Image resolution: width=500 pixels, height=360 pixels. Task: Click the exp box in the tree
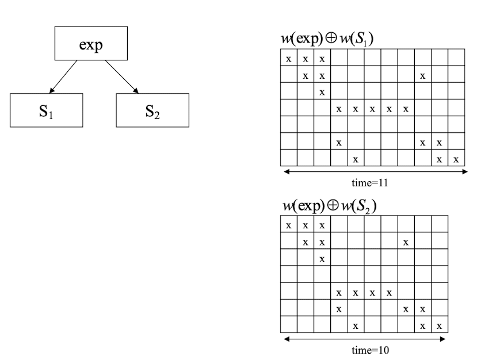point(91,43)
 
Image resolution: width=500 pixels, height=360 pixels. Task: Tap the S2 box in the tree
point(152,110)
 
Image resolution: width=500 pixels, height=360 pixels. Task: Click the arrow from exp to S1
point(64,76)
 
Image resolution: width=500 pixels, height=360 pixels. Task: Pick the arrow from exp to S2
point(122,76)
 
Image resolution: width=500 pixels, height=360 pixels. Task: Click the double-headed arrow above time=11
point(374,171)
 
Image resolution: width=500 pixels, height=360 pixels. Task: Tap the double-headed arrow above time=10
point(365,339)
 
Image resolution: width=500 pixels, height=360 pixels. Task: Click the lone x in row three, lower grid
point(322,259)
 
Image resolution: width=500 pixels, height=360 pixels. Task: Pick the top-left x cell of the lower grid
point(288,225)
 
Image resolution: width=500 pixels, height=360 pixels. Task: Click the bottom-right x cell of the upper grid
point(456,158)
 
